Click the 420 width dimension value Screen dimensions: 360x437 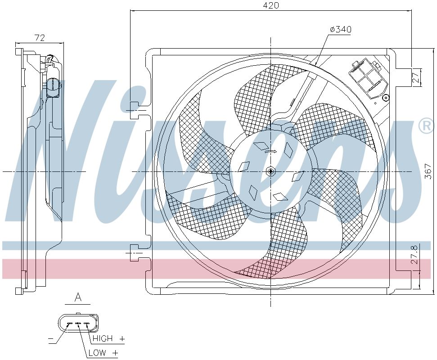tap(271, 5)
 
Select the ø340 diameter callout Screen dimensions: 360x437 tap(341, 30)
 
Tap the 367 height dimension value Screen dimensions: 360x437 tap(428, 172)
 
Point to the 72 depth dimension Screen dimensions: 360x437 tap(40, 38)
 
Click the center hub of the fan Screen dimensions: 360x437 tap(270, 171)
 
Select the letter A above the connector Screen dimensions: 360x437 tap(78, 297)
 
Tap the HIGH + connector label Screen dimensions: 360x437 tap(108, 338)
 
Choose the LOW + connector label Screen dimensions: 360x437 tap(103, 353)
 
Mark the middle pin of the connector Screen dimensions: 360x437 tap(77, 324)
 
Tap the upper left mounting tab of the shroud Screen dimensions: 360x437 tap(134, 107)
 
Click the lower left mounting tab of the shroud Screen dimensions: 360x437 tap(134, 249)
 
